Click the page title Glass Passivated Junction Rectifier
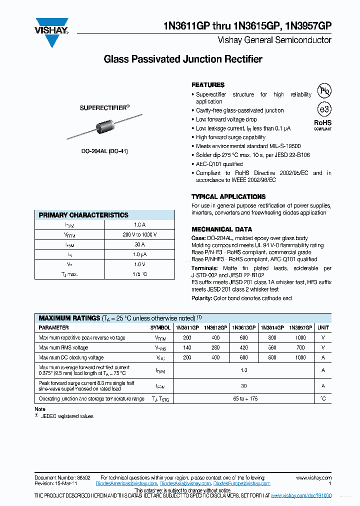(x=182, y=59)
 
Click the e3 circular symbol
(x=324, y=109)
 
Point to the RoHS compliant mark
(x=322, y=124)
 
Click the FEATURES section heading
(x=208, y=85)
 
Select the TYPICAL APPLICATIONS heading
(x=228, y=197)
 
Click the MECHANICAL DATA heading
(x=221, y=229)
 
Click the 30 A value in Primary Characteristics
(x=139, y=245)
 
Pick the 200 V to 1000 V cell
(x=139, y=234)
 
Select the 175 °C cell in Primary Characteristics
(x=139, y=274)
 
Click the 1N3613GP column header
(x=243, y=327)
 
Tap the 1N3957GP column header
(x=300, y=327)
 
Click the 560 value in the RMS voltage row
(x=272, y=347)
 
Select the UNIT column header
(x=323, y=327)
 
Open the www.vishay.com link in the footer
(x=313, y=478)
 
